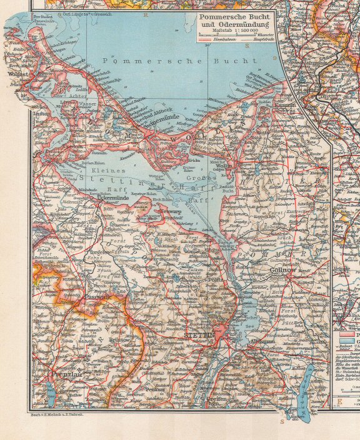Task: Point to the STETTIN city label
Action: tap(200, 336)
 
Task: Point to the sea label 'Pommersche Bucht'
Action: tap(181, 61)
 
